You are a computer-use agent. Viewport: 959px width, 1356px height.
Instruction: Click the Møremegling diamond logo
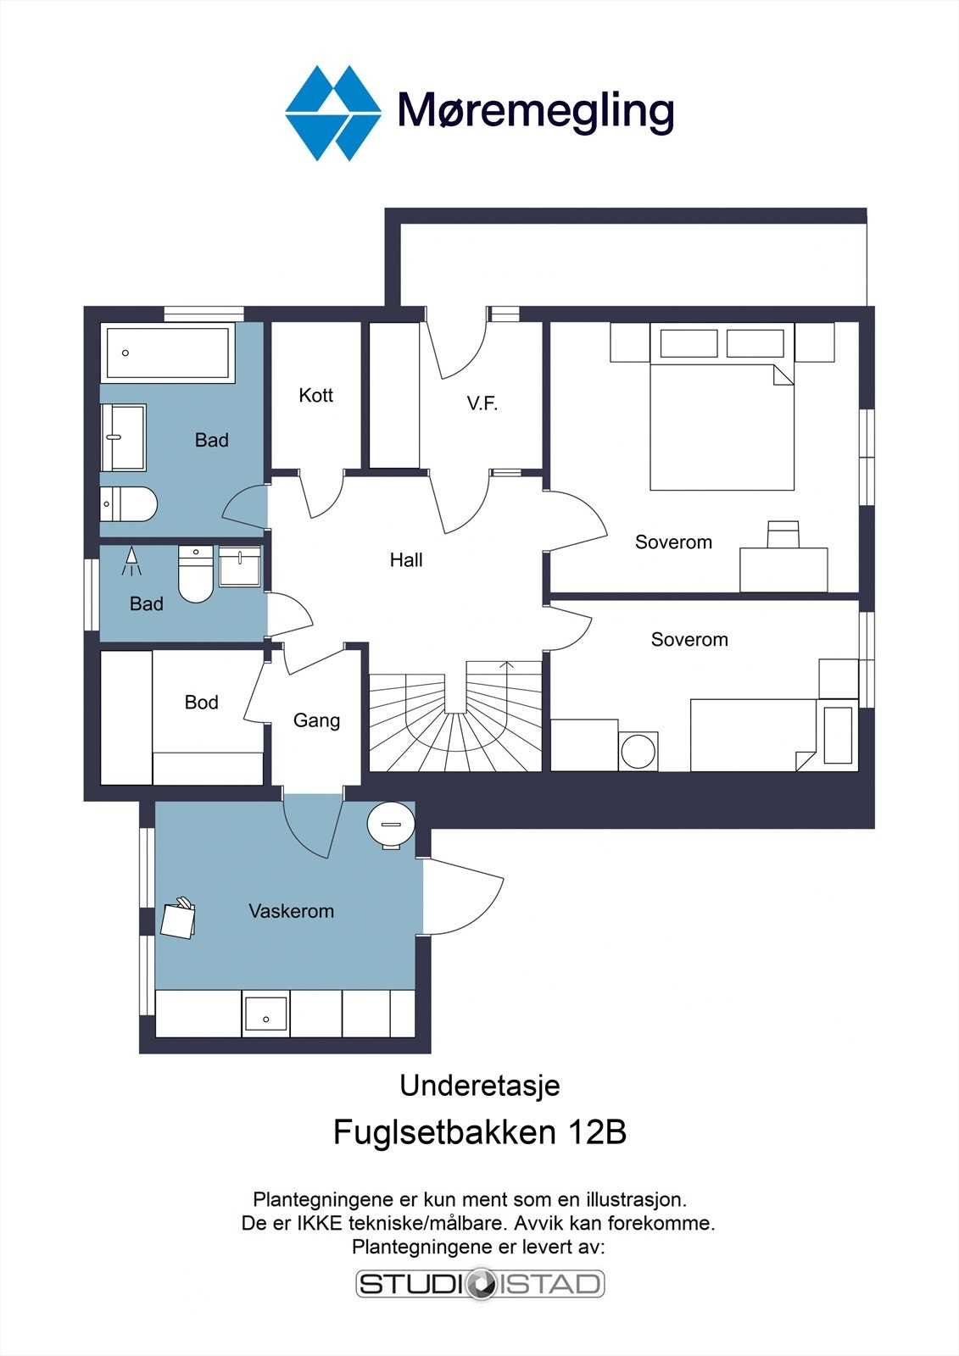(x=333, y=114)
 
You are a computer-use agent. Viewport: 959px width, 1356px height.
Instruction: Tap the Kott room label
(x=315, y=395)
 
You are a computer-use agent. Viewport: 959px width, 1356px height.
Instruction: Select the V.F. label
(x=482, y=403)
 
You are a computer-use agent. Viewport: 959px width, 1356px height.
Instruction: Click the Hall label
(x=406, y=560)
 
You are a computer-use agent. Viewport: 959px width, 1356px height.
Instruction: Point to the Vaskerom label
(x=291, y=911)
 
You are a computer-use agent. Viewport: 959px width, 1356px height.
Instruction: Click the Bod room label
(x=201, y=703)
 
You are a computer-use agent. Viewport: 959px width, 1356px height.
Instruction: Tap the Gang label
(x=316, y=720)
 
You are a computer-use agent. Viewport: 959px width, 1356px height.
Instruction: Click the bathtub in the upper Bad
(x=168, y=353)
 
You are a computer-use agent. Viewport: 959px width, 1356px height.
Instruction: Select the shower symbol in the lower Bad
(x=131, y=561)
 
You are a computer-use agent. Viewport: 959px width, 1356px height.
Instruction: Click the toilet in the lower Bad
(x=196, y=573)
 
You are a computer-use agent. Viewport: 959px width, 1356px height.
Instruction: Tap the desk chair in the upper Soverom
(x=783, y=534)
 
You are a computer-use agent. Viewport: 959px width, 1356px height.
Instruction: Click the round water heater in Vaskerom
(x=391, y=825)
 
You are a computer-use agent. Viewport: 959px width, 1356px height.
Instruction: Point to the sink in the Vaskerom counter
(x=265, y=1014)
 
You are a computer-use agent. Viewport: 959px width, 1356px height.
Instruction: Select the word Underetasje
(x=480, y=1086)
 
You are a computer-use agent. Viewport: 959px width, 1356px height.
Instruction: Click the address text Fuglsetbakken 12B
(x=480, y=1131)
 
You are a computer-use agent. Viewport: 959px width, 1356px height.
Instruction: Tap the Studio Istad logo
(x=480, y=1283)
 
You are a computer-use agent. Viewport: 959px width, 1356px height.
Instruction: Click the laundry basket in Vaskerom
(x=178, y=919)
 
